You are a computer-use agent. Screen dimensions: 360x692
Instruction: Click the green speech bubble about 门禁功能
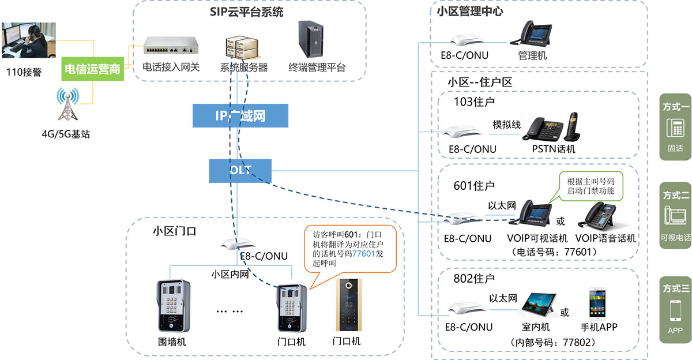click(591, 186)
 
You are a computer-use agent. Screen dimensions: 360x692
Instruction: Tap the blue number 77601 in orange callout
click(363, 253)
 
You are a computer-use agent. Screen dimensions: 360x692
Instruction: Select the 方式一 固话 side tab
click(675, 127)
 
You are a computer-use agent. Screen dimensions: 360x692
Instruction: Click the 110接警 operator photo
click(29, 43)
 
